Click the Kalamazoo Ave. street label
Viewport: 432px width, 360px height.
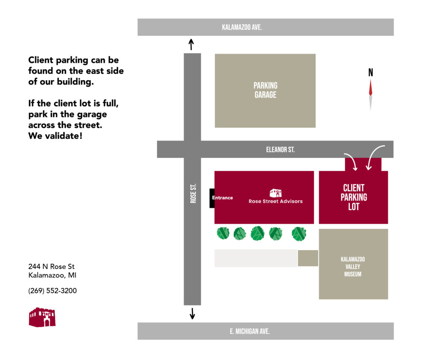click(242, 27)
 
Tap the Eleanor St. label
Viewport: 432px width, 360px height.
click(280, 150)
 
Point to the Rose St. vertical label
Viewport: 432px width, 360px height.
click(193, 193)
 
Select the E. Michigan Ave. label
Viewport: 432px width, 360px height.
click(250, 331)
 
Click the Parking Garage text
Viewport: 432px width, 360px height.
click(265, 90)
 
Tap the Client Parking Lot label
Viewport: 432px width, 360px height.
click(354, 198)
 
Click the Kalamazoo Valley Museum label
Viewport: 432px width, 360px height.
click(353, 267)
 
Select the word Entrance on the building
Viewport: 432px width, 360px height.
click(222, 198)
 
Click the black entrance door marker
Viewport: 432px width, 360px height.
click(212, 198)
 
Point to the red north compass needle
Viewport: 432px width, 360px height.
click(370, 88)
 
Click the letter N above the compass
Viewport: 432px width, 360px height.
click(370, 73)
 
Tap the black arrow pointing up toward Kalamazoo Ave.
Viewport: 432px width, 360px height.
click(191, 44)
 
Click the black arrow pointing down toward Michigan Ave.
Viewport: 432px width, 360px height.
click(192, 314)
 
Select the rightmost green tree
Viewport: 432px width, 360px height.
click(299, 234)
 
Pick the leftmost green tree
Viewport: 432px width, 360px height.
click(223, 233)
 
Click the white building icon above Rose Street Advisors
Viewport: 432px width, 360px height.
click(275, 193)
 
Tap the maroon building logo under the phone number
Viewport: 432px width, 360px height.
click(42, 317)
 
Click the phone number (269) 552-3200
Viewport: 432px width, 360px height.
click(52, 291)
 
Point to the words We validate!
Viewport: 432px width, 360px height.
click(55, 136)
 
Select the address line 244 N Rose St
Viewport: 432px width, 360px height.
click(51, 267)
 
